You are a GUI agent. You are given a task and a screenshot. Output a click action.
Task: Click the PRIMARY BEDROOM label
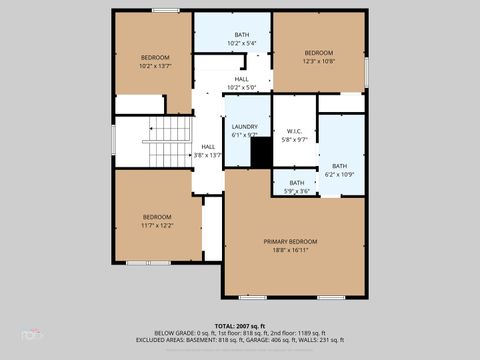(290, 242)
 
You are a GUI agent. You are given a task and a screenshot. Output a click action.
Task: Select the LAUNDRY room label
(245, 127)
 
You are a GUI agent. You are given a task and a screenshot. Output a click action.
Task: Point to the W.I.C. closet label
(294, 131)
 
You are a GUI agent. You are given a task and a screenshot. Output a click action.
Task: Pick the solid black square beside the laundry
(260, 154)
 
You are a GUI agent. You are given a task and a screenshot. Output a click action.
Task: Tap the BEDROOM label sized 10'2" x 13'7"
(155, 57)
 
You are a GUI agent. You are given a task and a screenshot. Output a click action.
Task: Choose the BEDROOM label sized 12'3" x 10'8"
(318, 52)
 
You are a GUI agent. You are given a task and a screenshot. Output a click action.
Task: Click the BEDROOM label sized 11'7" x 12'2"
(156, 217)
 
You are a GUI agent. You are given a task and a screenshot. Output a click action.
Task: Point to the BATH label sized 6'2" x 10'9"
(340, 166)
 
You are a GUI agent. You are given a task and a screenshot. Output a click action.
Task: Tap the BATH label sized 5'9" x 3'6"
(297, 183)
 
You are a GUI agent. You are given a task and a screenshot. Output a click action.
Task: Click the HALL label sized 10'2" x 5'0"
(242, 79)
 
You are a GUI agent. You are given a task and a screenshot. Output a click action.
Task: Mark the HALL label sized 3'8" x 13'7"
(208, 147)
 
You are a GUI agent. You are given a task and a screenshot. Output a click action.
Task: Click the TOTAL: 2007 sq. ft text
(240, 326)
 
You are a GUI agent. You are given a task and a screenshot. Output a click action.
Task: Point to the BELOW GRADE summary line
(240, 334)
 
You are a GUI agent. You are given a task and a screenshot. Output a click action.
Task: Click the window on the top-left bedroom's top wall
(166, 11)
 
